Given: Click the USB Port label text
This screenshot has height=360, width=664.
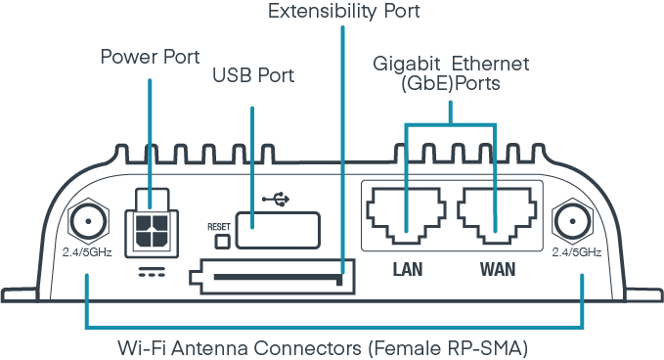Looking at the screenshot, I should coord(253,75).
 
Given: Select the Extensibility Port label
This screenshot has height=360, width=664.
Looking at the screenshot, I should coord(331,13).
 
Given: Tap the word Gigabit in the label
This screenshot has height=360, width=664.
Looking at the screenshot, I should coord(406,65).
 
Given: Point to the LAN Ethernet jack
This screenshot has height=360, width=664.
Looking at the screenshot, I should coord(407,213).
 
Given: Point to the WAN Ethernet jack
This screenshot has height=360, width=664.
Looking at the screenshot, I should coord(498,213).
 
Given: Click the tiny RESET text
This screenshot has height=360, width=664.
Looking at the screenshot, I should coord(217,226).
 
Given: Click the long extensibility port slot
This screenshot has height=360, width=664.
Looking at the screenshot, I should coord(278,277).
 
